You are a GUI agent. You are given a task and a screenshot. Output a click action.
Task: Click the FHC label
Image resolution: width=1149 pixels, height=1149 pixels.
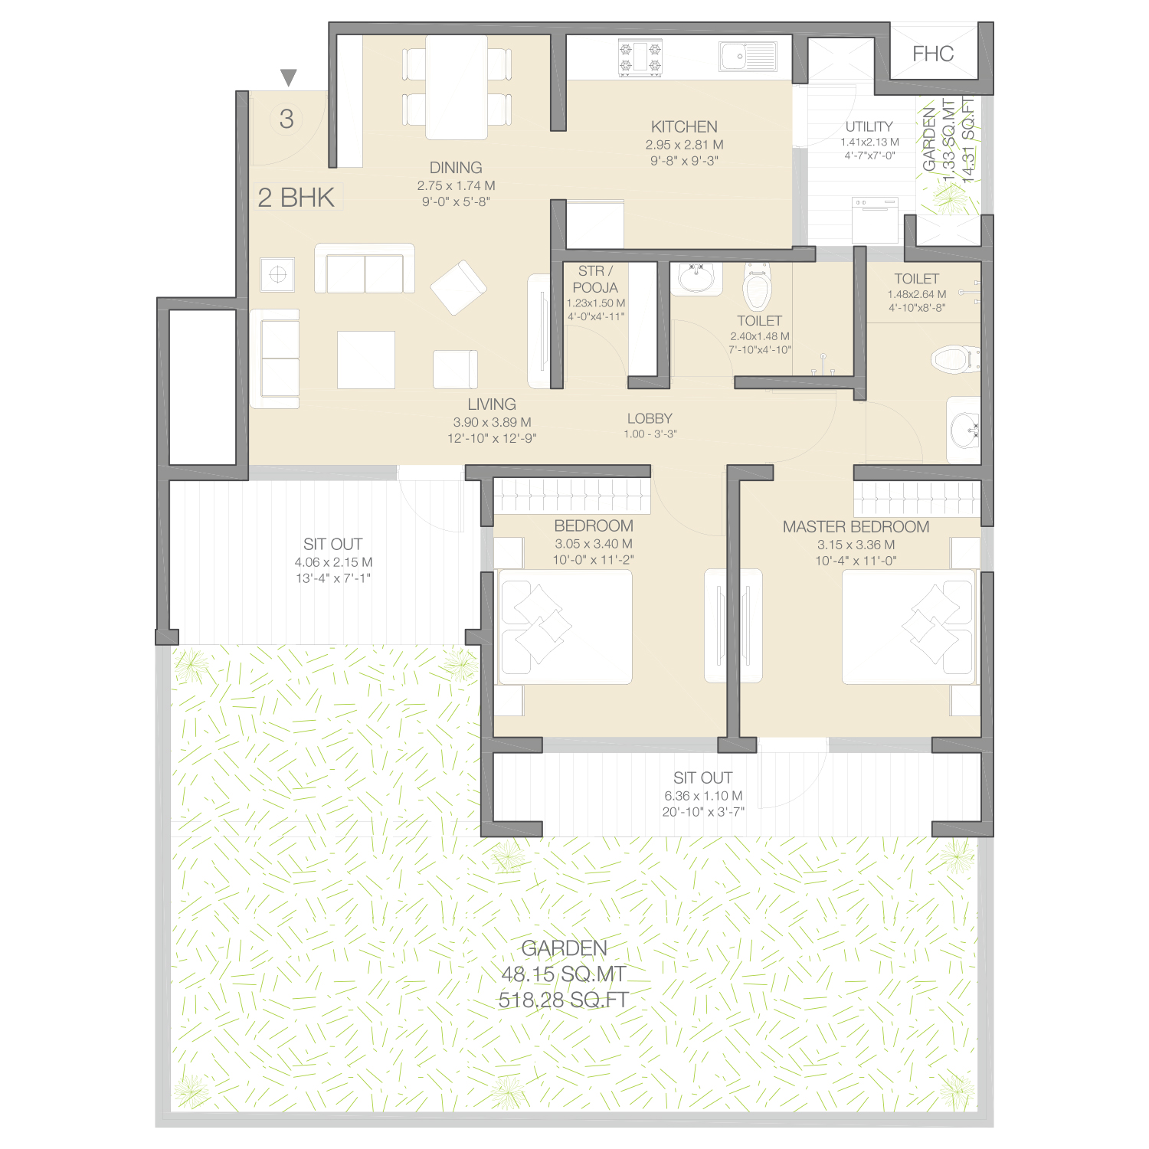click(933, 54)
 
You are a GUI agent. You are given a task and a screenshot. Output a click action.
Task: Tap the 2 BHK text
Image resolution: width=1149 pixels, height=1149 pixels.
click(296, 198)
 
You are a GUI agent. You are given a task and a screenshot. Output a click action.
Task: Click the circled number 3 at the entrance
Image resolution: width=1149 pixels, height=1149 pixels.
click(286, 119)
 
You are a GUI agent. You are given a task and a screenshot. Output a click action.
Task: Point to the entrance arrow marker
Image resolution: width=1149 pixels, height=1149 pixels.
click(288, 77)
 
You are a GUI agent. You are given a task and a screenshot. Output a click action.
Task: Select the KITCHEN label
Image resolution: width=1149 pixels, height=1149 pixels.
click(684, 126)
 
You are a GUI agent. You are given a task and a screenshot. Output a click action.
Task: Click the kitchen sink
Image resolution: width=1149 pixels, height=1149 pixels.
click(748, 57)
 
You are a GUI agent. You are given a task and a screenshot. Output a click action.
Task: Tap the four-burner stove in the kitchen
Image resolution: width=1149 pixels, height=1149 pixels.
click(640, 58)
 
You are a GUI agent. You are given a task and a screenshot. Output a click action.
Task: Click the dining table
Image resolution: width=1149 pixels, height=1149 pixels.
click(457, 87)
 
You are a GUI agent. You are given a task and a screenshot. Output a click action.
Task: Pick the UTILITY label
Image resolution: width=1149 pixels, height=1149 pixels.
click(869, 126)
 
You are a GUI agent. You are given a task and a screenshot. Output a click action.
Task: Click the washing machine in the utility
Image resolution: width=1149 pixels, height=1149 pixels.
click(875, 221)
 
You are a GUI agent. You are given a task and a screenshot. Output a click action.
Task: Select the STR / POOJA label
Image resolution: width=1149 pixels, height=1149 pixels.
click(595, 280)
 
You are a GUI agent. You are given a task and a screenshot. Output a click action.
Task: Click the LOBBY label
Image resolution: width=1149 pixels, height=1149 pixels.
click(650, 418)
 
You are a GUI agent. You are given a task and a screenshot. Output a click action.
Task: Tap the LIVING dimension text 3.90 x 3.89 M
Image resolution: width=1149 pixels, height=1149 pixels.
click(492, 422)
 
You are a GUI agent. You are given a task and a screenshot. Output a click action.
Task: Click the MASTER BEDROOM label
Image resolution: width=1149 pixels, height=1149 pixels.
click(856, 527)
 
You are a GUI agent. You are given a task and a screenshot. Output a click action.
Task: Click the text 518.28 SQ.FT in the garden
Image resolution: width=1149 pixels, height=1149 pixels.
click(564, 1000)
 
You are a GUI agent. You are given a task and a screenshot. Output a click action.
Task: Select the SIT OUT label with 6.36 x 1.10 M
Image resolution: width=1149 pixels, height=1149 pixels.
click(702, 777)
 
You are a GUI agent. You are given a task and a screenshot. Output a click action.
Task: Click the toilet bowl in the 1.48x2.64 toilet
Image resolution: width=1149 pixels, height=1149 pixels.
click(955, 358)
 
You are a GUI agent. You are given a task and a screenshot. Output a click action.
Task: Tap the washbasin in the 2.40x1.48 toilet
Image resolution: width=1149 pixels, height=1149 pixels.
click(696, 277)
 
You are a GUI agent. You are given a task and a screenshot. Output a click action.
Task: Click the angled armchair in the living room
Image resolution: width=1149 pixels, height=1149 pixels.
click(458, 288)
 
